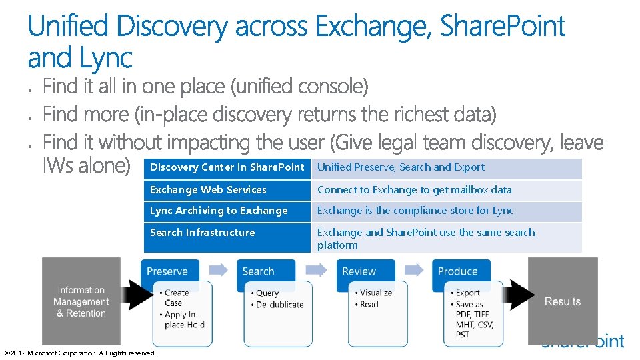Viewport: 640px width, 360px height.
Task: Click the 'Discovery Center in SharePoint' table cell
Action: coord(227,167)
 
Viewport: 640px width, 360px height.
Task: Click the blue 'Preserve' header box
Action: coord(167,271)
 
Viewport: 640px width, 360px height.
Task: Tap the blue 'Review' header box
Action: coord(359,271)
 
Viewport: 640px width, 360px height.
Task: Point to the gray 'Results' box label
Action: coord(562,301)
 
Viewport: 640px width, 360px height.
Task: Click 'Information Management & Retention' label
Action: coord(81,301)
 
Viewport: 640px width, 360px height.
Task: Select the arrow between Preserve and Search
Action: coord(219,270)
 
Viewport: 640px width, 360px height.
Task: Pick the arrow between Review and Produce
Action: coord(414,270)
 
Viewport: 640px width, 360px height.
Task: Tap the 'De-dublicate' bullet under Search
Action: coord(280,305)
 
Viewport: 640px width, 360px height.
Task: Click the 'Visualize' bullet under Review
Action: coord(376,293)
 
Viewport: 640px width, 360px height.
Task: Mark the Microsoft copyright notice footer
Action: coord(80,353)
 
